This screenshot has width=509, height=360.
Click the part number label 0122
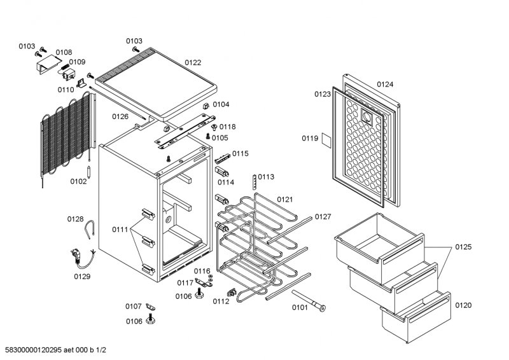(193, 62)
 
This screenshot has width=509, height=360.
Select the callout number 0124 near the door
(385, 84)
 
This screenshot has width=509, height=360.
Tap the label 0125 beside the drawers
(464, 246)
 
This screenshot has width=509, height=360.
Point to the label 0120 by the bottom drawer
(464, 305)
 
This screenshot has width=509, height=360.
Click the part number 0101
(300, 308)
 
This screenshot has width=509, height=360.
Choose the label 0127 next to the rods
(323, 217)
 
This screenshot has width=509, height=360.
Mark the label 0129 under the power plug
(82, 276)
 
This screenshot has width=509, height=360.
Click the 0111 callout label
(120, 229)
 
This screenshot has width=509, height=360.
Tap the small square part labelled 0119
(324, 139)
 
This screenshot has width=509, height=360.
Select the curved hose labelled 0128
(93, 228)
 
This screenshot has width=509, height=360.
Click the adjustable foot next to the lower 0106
(151, 318)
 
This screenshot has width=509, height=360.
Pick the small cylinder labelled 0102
(91, 172)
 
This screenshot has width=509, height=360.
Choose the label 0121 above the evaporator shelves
(284, 199)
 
